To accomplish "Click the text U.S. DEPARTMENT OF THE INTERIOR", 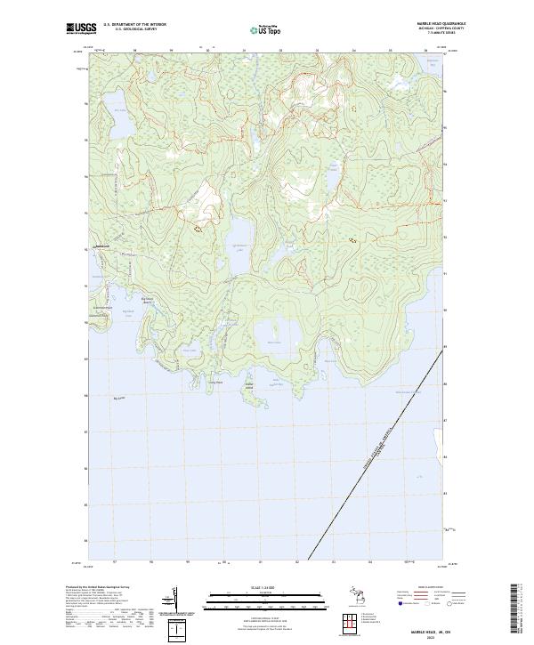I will (134, 24).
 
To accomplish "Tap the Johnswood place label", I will (101, 245).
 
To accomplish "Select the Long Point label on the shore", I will (215, 383).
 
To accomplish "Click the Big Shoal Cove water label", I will (127, 311).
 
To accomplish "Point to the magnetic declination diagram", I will (179, 605).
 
